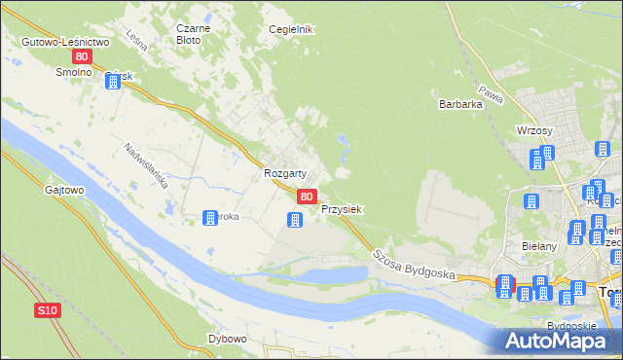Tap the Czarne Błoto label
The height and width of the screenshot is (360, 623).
(x=188, y=35)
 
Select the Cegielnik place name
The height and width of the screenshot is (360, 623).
(x=291, y=30)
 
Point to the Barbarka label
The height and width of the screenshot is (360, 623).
(x=460, y=104)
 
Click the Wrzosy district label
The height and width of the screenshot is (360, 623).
(x=535, y=131)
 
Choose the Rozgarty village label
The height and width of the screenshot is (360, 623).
(x=285, y=173)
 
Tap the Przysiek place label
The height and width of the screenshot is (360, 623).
(x=342, y=209)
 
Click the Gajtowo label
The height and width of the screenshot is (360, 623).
(x=63, y=191)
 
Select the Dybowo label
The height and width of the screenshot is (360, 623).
(x=227, y=340)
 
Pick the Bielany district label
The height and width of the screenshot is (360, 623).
(x=539, y=247)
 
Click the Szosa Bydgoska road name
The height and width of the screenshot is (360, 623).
(x=413, y=261)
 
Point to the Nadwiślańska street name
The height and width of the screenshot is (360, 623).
(x=147, y=166)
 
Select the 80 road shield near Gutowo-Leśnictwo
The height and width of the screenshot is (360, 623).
(x=82, y=57)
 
